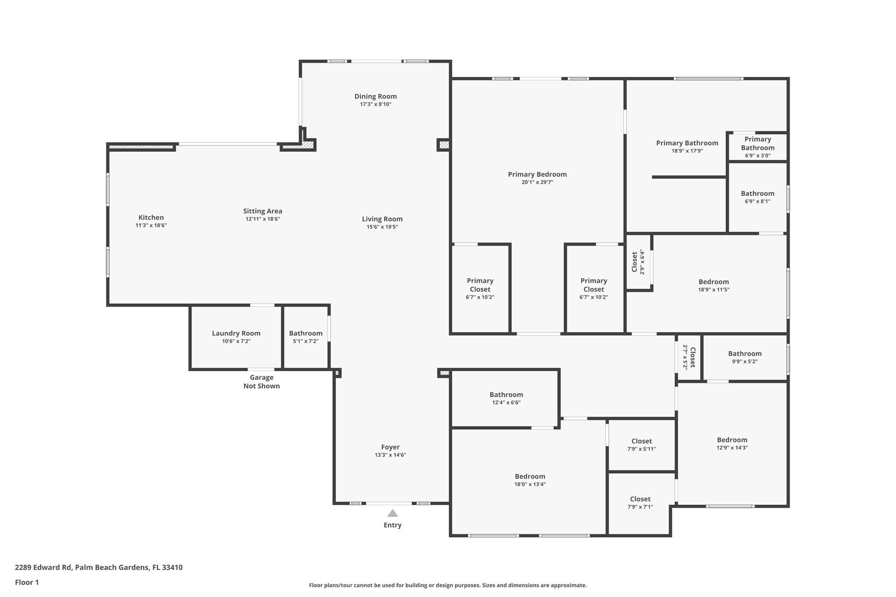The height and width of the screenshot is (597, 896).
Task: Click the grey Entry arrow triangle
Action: pyautogui.click(x=392, y=513)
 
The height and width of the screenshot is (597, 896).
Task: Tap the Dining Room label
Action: pyautogui.click(x=375, y=96)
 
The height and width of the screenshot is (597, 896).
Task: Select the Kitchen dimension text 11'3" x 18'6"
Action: pyautogui.click(x=151, y=226)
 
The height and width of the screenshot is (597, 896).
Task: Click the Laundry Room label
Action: pyautogui.click(x=236, y=333)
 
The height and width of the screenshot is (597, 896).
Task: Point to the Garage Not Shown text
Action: pyautogui.click(x=261, y=381)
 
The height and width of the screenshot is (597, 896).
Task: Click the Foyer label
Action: pyautogui.click(x=390, y=447)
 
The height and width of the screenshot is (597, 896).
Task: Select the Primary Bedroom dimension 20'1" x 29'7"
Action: pyautogui.click(x=537, y=182)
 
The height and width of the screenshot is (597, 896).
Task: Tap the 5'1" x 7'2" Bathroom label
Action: pyautogui.click(x=305, y=333)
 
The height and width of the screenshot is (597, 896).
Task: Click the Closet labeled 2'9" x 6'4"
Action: pyautogui.click(x=638, y=262)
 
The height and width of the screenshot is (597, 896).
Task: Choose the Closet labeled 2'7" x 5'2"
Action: pyautogui.click(x=689, y=357)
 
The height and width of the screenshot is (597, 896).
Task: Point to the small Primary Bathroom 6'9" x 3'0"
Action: pyautogui.click(x=757, y=147)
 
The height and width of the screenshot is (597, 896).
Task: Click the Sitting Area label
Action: pyautogui.click(x=262, y=211)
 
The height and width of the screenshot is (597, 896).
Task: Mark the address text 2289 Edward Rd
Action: pyautogui.click(x=43, y=567)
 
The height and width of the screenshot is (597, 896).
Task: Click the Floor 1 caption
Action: pyautogui.click(x=27, y=582)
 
